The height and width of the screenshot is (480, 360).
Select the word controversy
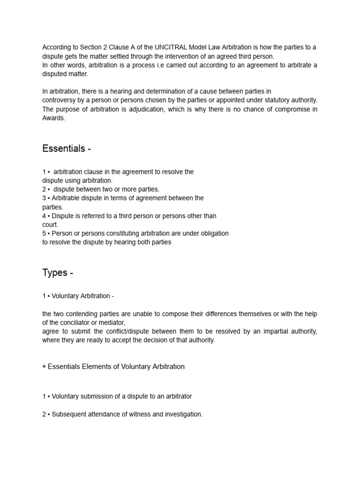[x=59, y=100]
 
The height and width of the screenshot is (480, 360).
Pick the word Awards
[x=53, y=118]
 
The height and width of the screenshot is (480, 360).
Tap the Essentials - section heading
[x=67, y=149]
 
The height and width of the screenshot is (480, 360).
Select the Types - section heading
[x=58, y=272]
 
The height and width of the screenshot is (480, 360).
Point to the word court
[x=50, y=225]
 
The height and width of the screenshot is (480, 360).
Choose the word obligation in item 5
[x=213, y=233]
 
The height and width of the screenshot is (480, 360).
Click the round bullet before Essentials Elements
[x=44, y=367]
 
